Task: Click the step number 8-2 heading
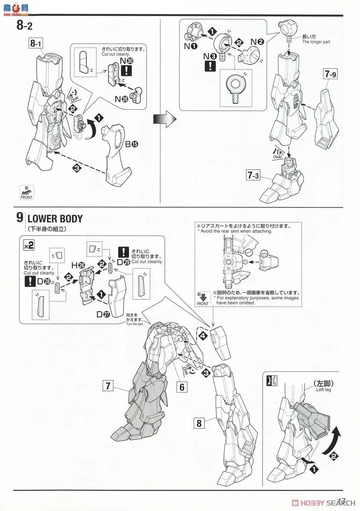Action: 25,26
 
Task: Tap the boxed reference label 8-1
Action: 37,43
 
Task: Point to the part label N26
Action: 121,99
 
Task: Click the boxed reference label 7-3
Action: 255,175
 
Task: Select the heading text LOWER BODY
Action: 55,219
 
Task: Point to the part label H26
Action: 78,265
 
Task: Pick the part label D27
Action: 102,314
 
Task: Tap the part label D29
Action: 124,261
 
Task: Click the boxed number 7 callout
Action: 109,386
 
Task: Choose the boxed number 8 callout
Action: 199,423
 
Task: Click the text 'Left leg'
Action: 324,390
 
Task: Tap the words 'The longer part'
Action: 316,42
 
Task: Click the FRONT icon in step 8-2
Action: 26,193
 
